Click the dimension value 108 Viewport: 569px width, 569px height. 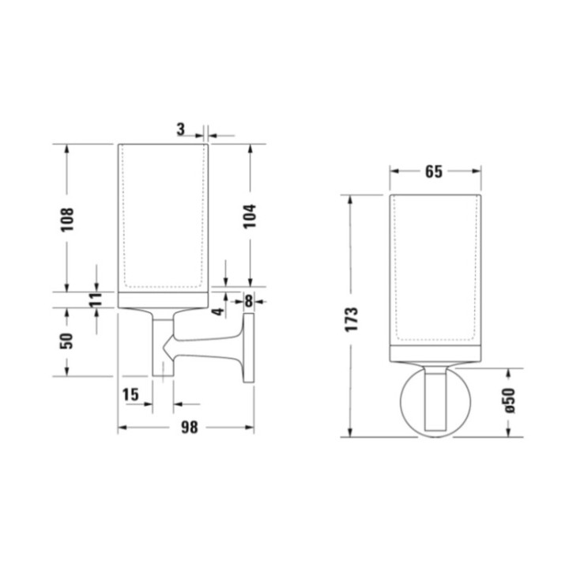(67, 218)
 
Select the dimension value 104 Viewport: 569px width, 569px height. (250, 217)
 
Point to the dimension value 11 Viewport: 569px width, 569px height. (96, 300)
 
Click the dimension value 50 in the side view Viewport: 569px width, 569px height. (67, 340)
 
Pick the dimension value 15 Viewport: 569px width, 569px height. (132, 394)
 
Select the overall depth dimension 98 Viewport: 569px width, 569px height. (188, 427)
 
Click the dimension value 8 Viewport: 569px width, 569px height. (249, 300)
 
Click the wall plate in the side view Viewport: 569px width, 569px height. (249, 348)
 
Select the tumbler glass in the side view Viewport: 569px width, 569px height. (164, 217)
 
